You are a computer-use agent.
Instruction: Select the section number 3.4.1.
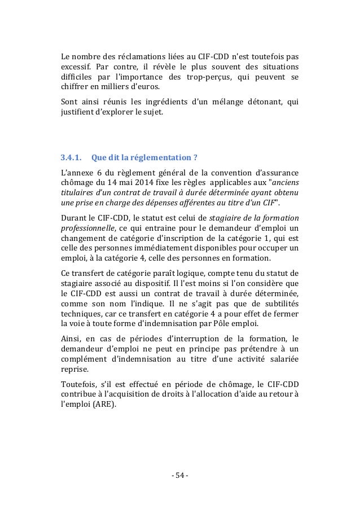point(71,157)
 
